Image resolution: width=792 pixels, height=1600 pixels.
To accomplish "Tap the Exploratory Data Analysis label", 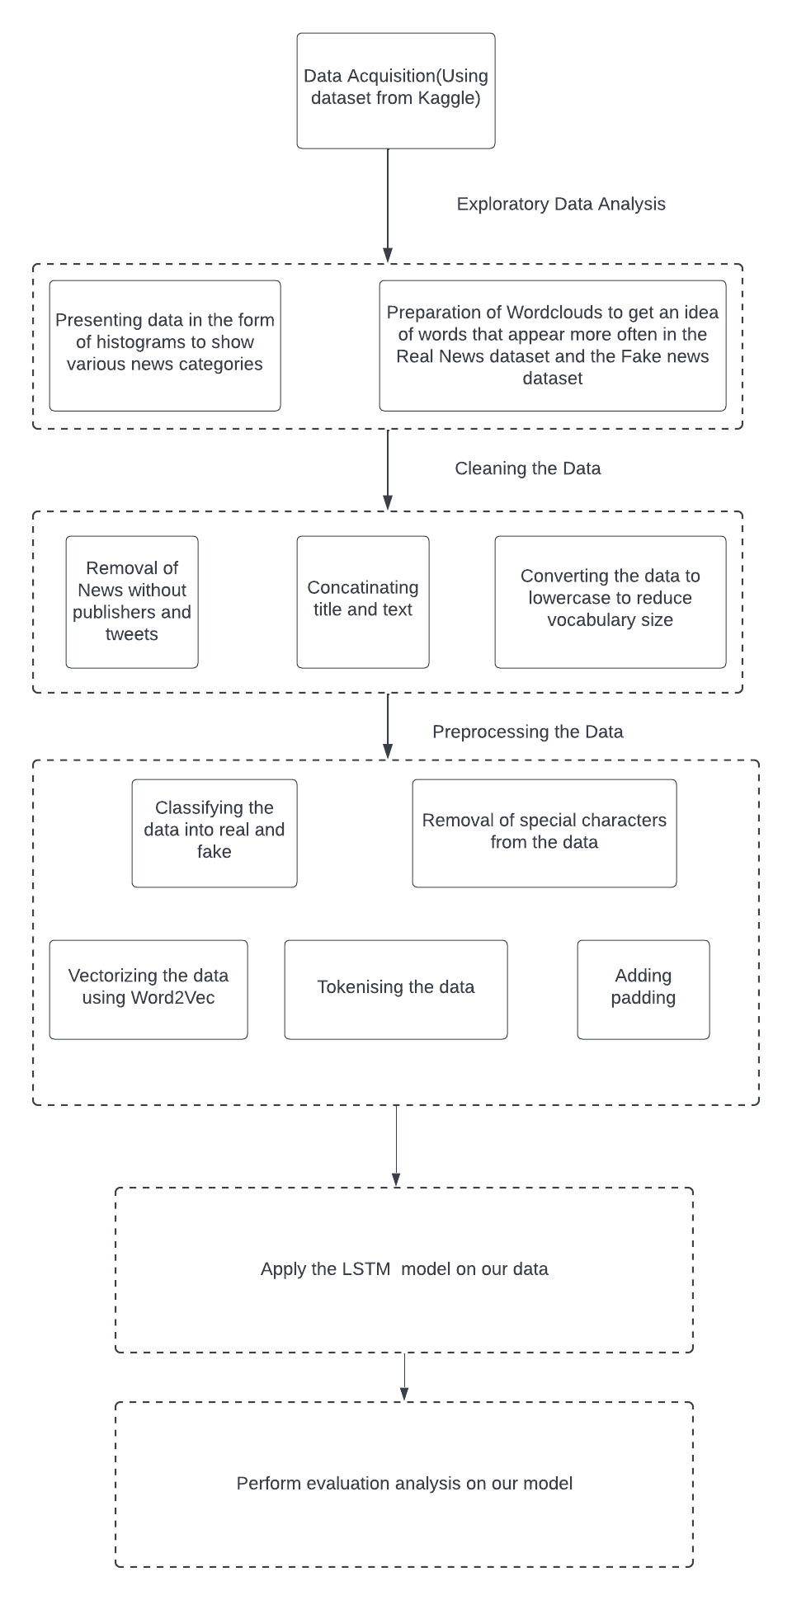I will click(x=561, y=204).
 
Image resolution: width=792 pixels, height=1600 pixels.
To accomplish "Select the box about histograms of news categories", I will click(x=164, y=345).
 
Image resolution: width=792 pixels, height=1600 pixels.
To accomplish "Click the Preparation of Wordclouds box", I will click(x=552, y=346).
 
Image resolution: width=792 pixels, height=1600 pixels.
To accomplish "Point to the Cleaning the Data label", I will click(x=527, y=468).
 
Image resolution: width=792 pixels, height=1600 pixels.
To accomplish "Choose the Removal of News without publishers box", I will click(x=132, y=601).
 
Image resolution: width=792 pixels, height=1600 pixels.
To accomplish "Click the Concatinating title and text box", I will click(x=362, y=601).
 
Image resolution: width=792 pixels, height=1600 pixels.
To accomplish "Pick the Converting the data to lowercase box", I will click(x=610, y=601).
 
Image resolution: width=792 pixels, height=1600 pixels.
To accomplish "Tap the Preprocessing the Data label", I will click(x=527, y=732).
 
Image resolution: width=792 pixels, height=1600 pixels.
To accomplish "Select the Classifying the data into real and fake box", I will click(x=214, y=832).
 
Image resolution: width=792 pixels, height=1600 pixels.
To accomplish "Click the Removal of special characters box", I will click(x=544, y=832).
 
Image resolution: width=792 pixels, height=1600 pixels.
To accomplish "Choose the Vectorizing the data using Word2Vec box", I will click(x=148, y=988).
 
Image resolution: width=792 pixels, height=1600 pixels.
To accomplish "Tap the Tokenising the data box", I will click(x=395, y=988).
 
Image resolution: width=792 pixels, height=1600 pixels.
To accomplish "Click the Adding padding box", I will click(x=643, y=988).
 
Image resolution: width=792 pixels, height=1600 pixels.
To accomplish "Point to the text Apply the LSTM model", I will click(x=403, y=1268).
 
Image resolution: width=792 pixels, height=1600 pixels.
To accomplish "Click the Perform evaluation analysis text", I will click(x=403, y=1483).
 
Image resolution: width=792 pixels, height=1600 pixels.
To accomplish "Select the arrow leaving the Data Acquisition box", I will click(x=388, y=206).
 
